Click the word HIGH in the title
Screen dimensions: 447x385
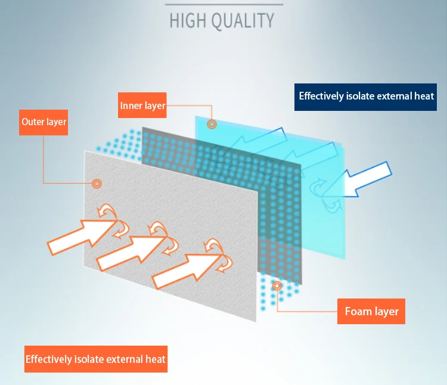tap(188, 20)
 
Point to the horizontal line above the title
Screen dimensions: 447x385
tap(224, 5)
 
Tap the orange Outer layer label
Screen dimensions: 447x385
tap(44, 122)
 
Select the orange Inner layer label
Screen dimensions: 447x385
tap(142, 105)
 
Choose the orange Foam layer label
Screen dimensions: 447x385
tap(371, 311)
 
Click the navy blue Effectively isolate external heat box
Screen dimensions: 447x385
tap(365, 97)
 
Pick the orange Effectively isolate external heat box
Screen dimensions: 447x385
tap(96, 359)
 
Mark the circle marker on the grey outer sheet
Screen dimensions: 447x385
tap(97, 184)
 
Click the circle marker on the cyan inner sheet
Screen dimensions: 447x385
tap(212, 124)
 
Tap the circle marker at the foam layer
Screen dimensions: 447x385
tap(277, 285)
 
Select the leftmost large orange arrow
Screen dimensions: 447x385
tap(83, 236)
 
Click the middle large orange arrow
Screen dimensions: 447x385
tap(132, 253)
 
